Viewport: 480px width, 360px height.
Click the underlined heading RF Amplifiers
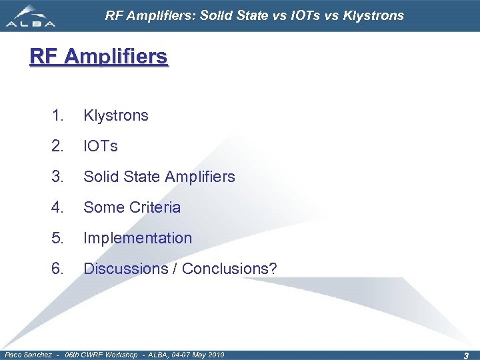pos(99,57)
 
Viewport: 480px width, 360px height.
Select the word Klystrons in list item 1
pos(116,115)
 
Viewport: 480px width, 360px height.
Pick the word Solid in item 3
pos(100,177)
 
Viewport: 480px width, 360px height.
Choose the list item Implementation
pos(137,238)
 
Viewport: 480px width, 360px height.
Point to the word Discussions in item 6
pos(126,269)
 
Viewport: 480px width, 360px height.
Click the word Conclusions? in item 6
pos(229,269)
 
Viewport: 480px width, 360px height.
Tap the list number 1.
pos(57,115)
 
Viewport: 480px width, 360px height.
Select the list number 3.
pos(57,177)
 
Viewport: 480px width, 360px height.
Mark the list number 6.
pos(57,269)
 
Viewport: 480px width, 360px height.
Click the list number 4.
pos(57,207)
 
